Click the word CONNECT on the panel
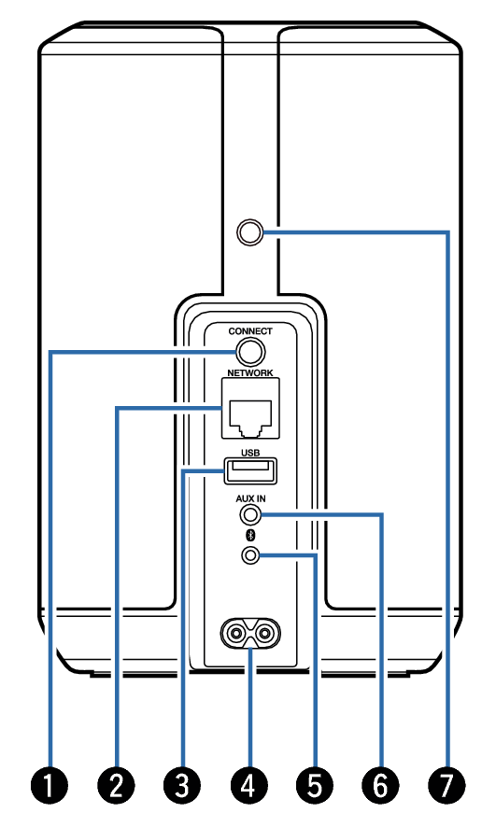[x=250, y=331]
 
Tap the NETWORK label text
[x=250, y=372]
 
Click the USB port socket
[x=250, y=470]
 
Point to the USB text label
[x=250, y=453]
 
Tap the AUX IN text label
[x=250, y=498]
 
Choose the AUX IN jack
[x=250, y=514]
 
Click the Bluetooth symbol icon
[x=251, y=536]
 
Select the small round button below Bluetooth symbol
[x=250, y=554]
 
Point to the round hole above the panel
[x=250, y=231]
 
